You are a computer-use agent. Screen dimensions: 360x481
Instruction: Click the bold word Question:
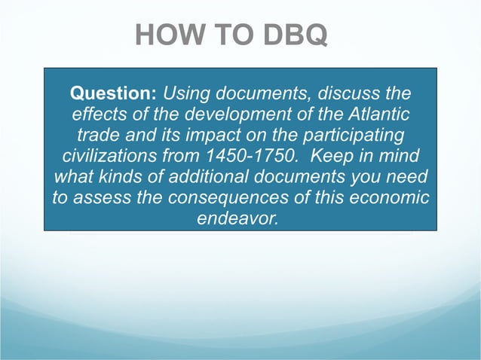[113, 96]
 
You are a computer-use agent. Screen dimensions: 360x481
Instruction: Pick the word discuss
[351, 96]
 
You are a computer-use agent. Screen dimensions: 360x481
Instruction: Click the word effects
[96, 117]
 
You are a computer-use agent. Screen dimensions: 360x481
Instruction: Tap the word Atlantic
[379, 117]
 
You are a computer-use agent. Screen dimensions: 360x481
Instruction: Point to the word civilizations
[103, 159]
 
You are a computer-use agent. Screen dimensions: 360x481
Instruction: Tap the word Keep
[329, 159]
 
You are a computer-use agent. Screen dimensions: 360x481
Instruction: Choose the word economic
[390, 200]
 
